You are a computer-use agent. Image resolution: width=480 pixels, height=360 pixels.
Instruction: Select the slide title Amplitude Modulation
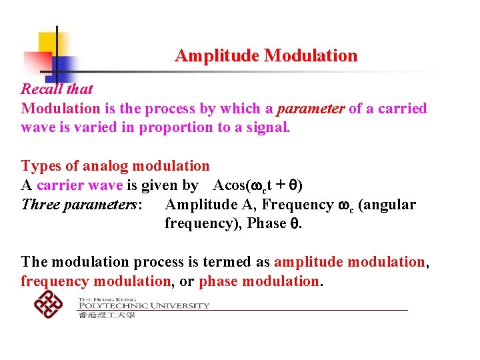(266, 55)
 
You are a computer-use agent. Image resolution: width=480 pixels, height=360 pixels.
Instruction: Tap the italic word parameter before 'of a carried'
(308, 108)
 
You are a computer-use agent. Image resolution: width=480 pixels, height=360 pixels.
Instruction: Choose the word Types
(41, 166)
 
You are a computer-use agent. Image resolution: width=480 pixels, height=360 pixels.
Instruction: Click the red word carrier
(61, 185)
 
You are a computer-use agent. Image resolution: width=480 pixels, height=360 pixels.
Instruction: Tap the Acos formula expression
(259, 185)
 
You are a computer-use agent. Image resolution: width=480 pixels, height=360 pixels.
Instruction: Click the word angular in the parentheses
(390, 204)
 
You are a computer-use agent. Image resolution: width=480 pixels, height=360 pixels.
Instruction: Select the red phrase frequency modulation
(95, 281)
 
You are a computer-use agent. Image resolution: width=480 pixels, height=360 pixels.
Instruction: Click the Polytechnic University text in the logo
(143, 305)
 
